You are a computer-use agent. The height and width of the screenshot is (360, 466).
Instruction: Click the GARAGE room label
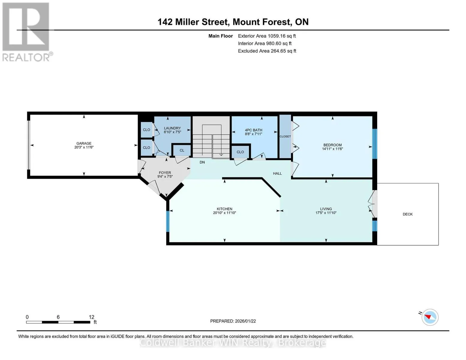(84, 143)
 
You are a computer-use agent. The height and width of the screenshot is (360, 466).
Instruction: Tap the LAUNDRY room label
(172, 128)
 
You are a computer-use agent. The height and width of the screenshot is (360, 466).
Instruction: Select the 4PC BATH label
(254, 130)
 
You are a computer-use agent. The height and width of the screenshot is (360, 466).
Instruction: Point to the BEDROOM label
(332, 145)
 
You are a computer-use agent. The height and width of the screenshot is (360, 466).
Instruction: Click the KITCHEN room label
(224, 209)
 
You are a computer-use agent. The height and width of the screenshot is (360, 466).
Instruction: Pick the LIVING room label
(326, 209)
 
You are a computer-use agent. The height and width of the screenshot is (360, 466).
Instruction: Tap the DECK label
(407, 214)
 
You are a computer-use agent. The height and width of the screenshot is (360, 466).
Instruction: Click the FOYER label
(165, 172)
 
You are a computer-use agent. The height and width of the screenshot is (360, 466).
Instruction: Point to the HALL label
(277, 173)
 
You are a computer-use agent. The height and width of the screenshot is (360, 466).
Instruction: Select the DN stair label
(202, 162)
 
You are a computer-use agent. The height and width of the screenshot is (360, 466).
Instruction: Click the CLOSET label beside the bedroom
(285, 136)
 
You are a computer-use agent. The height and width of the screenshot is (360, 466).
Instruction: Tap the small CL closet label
(182, 150)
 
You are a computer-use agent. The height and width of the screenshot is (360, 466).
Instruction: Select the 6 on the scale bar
(58, 317)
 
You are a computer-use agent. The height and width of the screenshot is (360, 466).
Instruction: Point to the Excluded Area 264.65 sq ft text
(267, 51)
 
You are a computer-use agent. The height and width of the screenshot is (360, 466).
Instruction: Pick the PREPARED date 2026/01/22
(245, 321)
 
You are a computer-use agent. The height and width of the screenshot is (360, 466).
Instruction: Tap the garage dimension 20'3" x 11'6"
(84, 147)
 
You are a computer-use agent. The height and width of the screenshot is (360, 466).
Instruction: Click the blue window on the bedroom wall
(374, 144)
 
